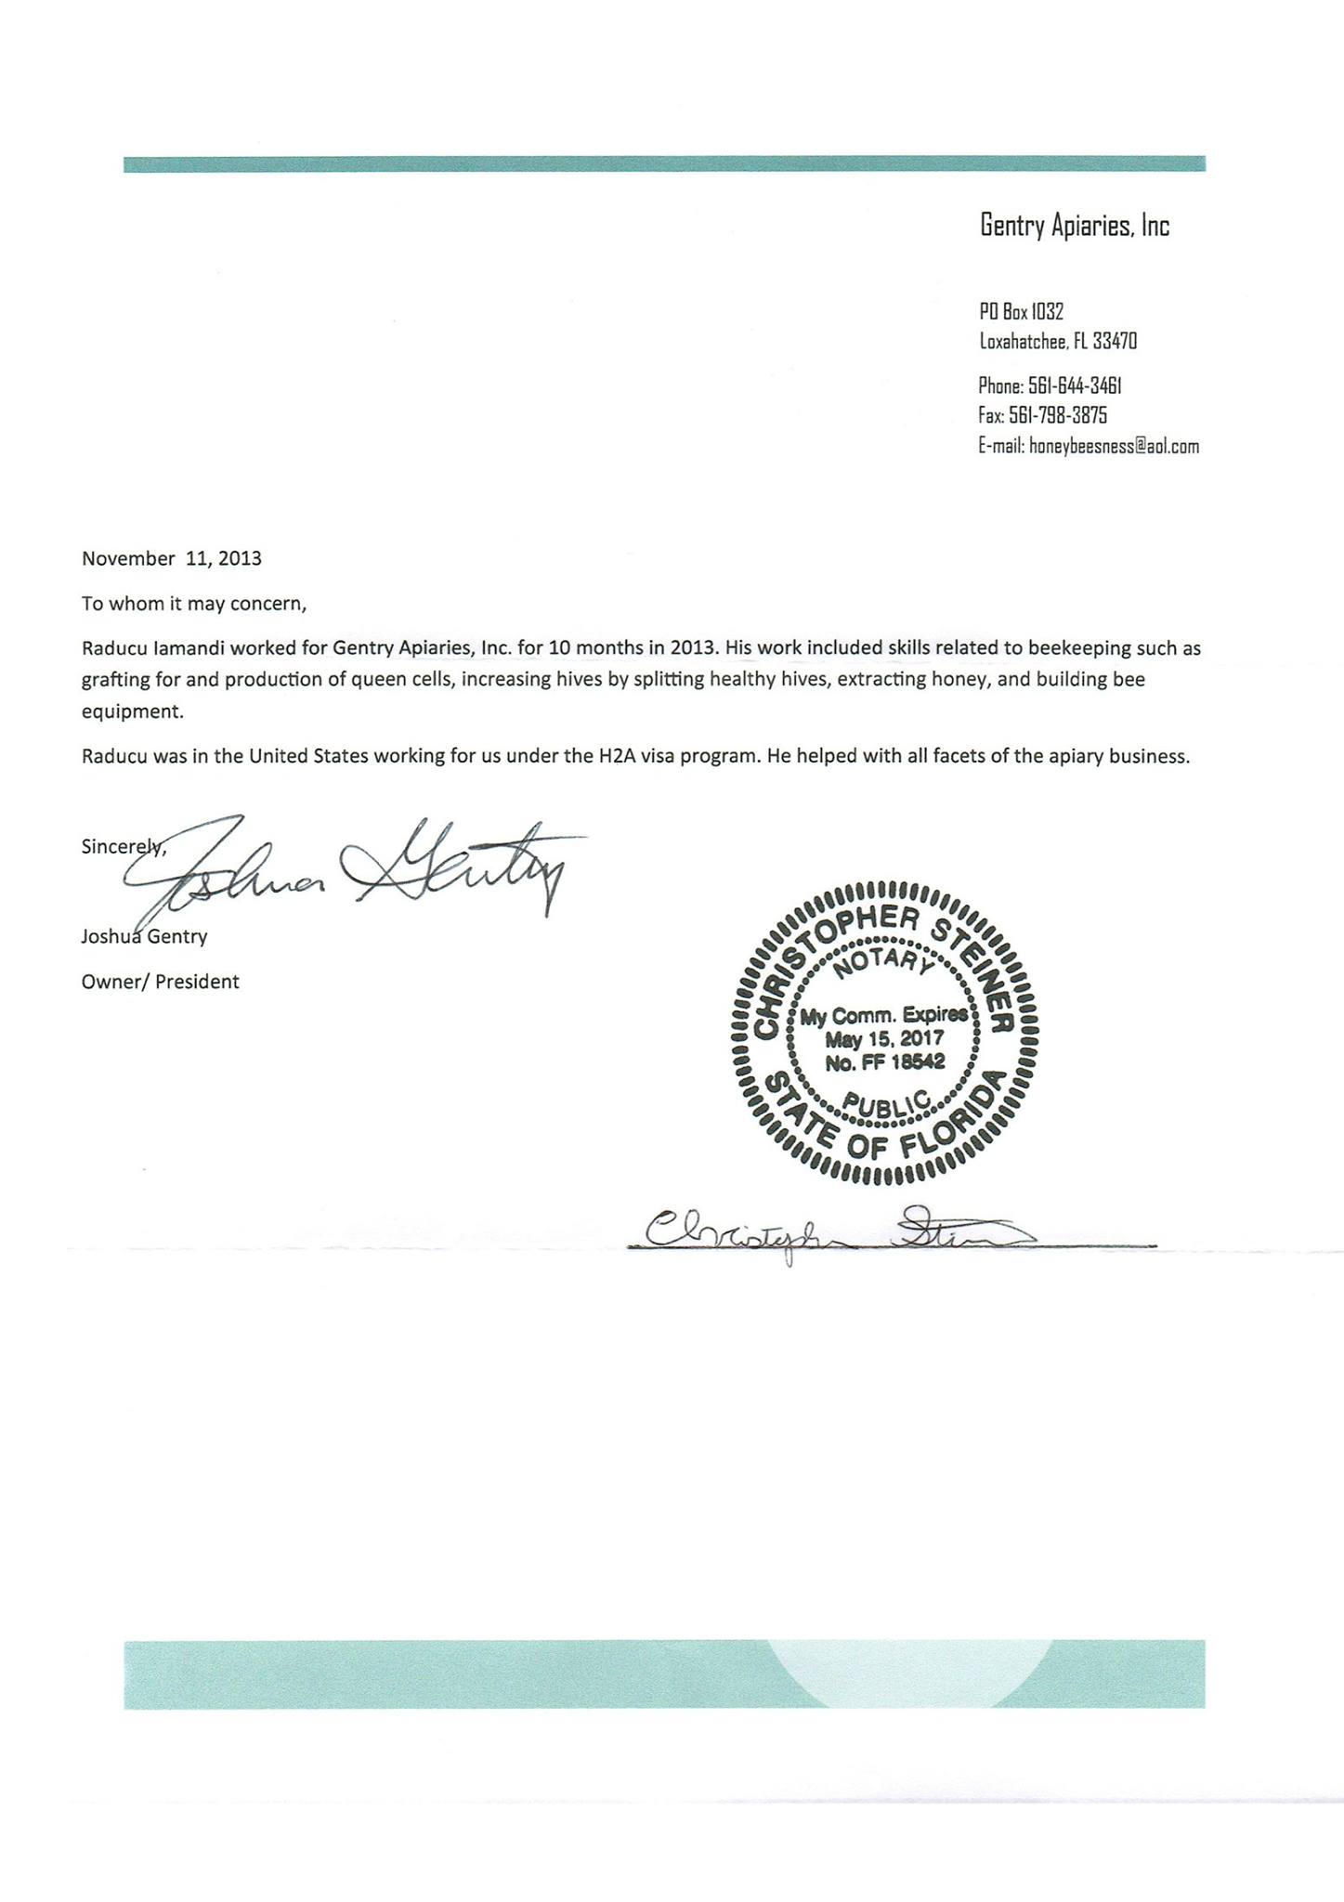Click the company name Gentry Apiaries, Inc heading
pyautogui.click(x=1075, y=226)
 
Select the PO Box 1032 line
pyautogui.click(x=1021, y=311)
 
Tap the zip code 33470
pyautogui.click(x=1114, y=341)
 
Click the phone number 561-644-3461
pyautogui.click(x=1067, y=385)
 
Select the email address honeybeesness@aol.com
pyautogui.click(x=1114, y=447)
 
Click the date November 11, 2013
pyautogui.click(x=172, y=559)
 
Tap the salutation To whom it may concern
pyautogui.click(x=193, y=604)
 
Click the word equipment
pyautogui.click(x=133, y=712)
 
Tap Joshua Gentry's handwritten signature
pyautogui.click(x=353, y=868)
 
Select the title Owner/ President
pyautogui.click(x=160, y=982)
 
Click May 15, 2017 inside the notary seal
pyautogui.click(x=884, y=1038)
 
